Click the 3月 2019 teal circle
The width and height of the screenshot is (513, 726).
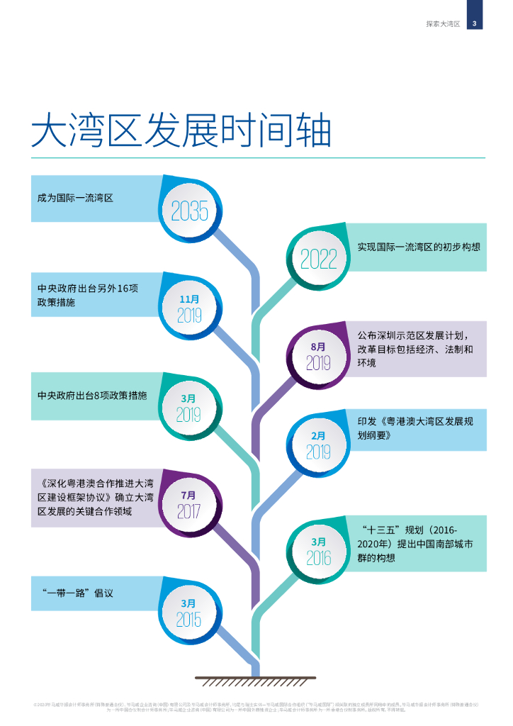click(188, 407)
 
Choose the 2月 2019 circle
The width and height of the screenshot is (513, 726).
click(319, 445)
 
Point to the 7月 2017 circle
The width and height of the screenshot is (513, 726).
click(188, 504)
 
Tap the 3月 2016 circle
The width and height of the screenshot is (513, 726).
click(319, 551)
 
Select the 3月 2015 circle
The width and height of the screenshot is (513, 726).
click(188, 612)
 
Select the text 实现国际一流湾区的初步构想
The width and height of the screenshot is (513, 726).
click(419, 247)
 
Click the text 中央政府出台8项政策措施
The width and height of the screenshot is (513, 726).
click(92, 395)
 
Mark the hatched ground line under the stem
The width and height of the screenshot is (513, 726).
click(256, 680)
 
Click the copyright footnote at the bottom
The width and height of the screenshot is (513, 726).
click(256, 706)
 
